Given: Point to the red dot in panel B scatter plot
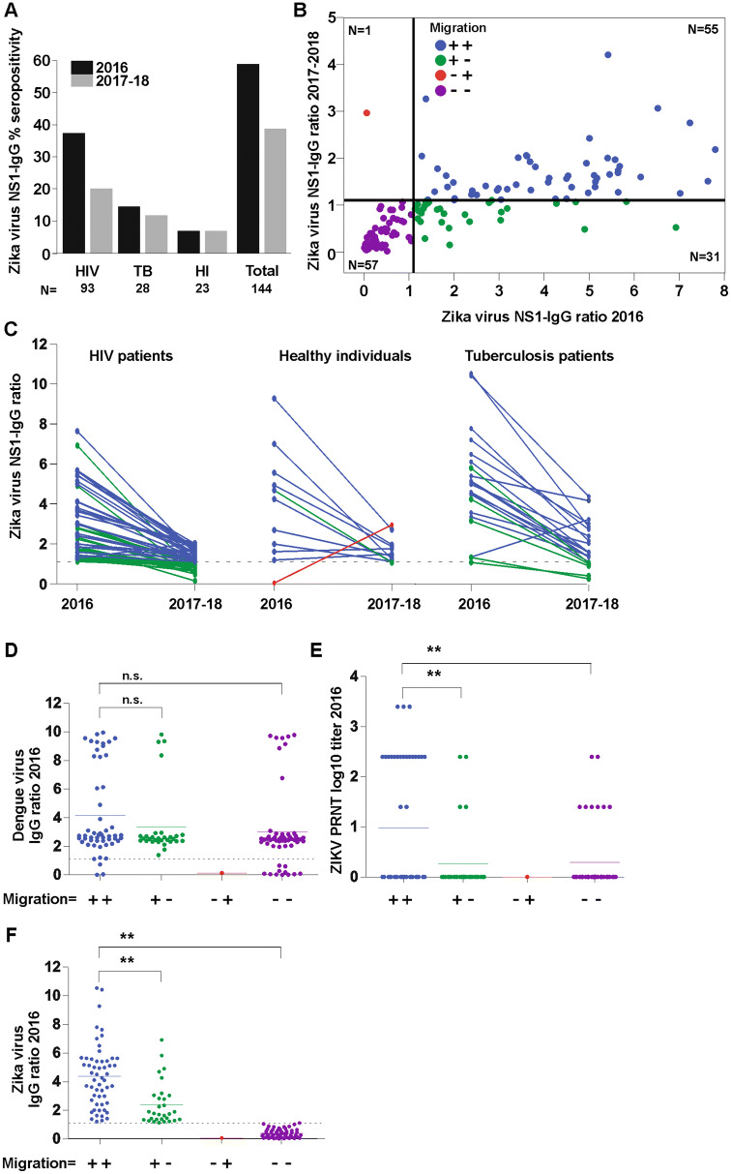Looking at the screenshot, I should [367, 113].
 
